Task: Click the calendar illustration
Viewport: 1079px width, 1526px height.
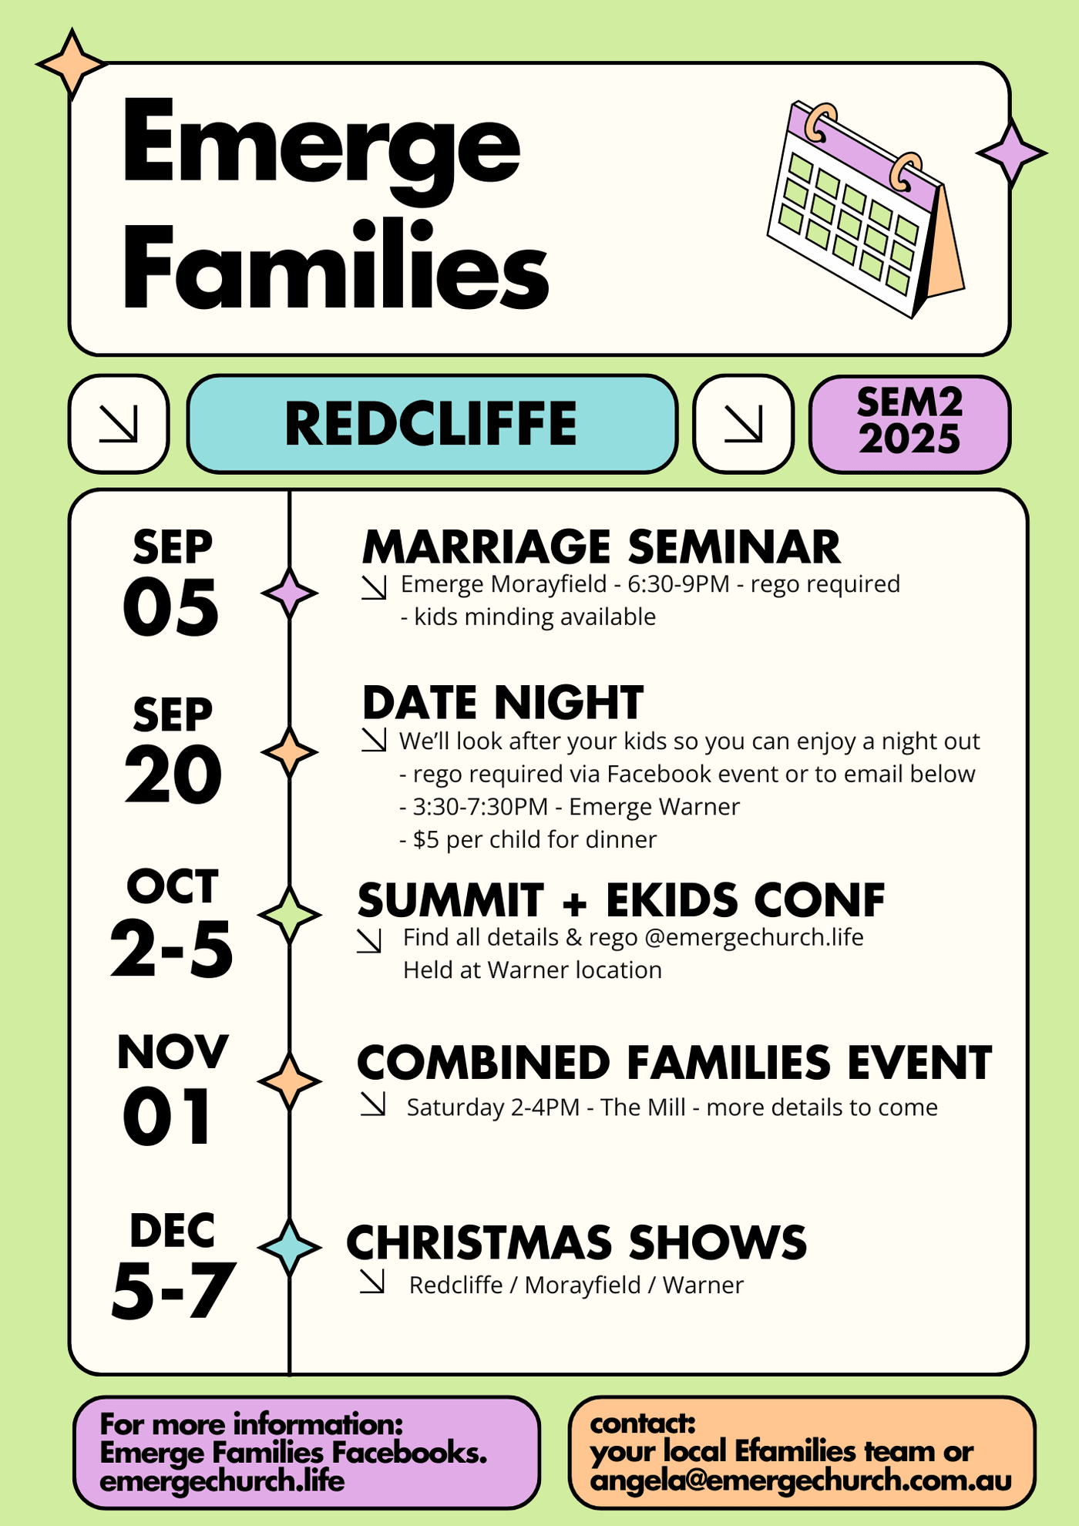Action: [x=866, y=208]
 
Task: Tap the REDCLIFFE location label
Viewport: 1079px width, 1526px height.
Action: [x=432, y=424]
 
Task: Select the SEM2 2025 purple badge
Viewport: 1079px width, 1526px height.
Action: [x=909, y=424]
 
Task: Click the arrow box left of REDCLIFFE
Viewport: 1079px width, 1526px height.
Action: [x=119, y=424]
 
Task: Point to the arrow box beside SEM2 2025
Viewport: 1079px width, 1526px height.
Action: [x=743, y=424]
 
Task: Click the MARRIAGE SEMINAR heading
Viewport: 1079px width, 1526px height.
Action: [x=601, y=547]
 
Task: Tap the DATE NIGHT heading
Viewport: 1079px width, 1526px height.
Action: [x=503, y=703]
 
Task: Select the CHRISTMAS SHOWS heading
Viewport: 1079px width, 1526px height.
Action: [x=576, y=1242]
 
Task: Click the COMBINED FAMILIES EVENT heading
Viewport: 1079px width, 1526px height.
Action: [x=674, y=1063]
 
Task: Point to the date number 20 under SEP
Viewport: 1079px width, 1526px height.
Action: [x=173, y=775]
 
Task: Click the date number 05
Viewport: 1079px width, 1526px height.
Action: [x=171, y=608]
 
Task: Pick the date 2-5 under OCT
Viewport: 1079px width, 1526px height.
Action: [x=171, y=949]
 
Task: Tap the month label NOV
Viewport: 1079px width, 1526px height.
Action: [x=173, y=1052]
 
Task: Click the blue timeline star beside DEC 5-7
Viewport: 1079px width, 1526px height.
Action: [x=289, y=1246]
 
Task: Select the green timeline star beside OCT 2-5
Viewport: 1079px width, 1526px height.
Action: [x=289, y=915]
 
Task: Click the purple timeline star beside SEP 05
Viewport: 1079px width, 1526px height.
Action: [x=289, y=593]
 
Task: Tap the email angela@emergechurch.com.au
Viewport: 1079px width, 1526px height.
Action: [x=801, y=1481]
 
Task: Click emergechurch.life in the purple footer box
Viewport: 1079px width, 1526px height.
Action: [x=222, y=1481]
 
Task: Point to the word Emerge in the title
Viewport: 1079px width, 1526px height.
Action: [x=321, y=146]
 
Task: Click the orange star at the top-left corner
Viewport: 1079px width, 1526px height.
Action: [x=72, y=65]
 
